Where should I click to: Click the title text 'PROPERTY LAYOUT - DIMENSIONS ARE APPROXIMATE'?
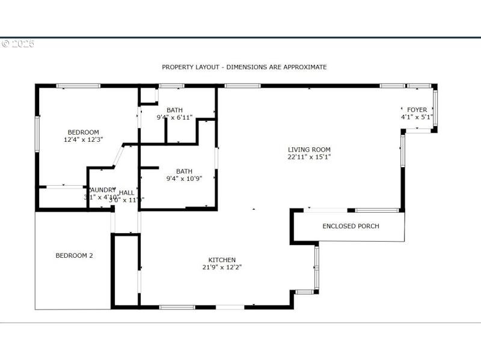(x=244, y=67)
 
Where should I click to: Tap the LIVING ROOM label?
(x=309, y=150)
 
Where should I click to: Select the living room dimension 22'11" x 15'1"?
(x=309, y=157)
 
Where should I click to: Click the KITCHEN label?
(x=222, y=260)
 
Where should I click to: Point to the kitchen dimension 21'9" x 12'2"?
(x=222, y=267)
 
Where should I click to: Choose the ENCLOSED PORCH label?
(x=351, y=227)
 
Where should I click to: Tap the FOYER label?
(x=417, y=110)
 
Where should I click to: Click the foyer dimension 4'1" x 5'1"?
(x=417, y=117)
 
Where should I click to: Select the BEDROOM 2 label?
(x=74, y=255)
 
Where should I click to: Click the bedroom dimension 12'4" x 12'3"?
(x=83, y=139)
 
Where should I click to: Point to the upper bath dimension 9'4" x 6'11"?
(x=174, y=117)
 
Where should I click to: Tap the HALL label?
(x=126, y=192)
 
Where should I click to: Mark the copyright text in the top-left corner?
(x=18, y=44)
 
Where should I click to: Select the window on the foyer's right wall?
(x=435, y=108)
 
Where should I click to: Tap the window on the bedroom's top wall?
(x=78, y=86)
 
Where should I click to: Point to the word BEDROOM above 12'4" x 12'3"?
(x=83, y=132)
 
